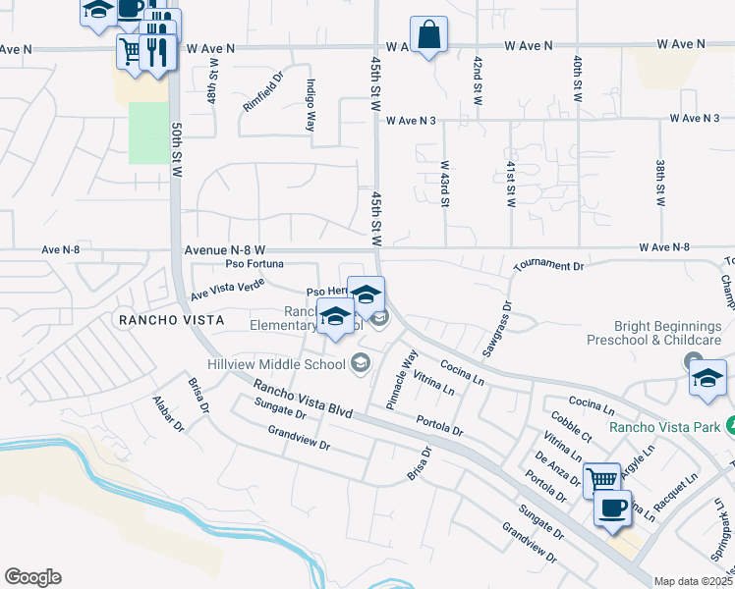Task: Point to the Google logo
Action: click(32, 577)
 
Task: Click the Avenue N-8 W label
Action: click(225, 251)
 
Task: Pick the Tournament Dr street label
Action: click(548, 266)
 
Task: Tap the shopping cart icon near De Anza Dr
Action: click(600, 480)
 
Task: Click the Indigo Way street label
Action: click(311, 105)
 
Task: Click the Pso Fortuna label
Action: click(254, 264)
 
